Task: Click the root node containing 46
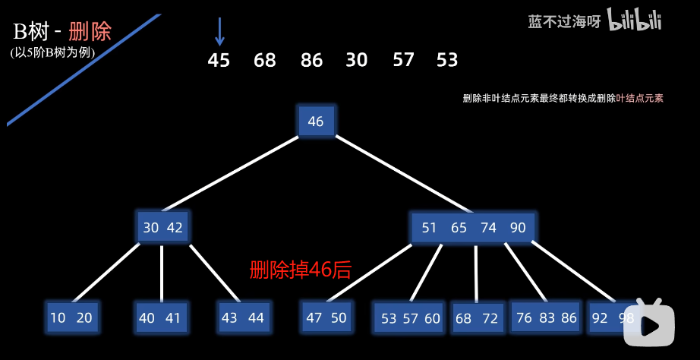[x=316, y=122]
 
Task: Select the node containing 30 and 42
[x=163, y=227]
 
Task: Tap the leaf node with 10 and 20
[x=71, y=317]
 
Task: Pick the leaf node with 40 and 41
[x=160, y=318]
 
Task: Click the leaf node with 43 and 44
[x=243, y=317]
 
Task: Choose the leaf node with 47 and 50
[x=326, y=317]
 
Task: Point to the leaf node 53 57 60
[x=411, y=318]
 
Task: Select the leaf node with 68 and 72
[x=477, y=319]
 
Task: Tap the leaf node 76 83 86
[x=547, y=317]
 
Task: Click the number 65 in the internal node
[x=459, y=228]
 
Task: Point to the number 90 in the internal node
[x=518, y=228]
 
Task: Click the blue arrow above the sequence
[x=219, y=31]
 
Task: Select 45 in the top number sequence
[x=219, y=60]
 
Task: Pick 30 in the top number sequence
[x=357, y=60]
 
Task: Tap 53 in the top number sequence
[x=447, y=60]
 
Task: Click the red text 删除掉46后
[x=301, y=270]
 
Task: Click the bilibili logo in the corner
[x=635, y=21]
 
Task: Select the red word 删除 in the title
[x=90, y=31]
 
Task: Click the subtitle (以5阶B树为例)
[x=49, y=52]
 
